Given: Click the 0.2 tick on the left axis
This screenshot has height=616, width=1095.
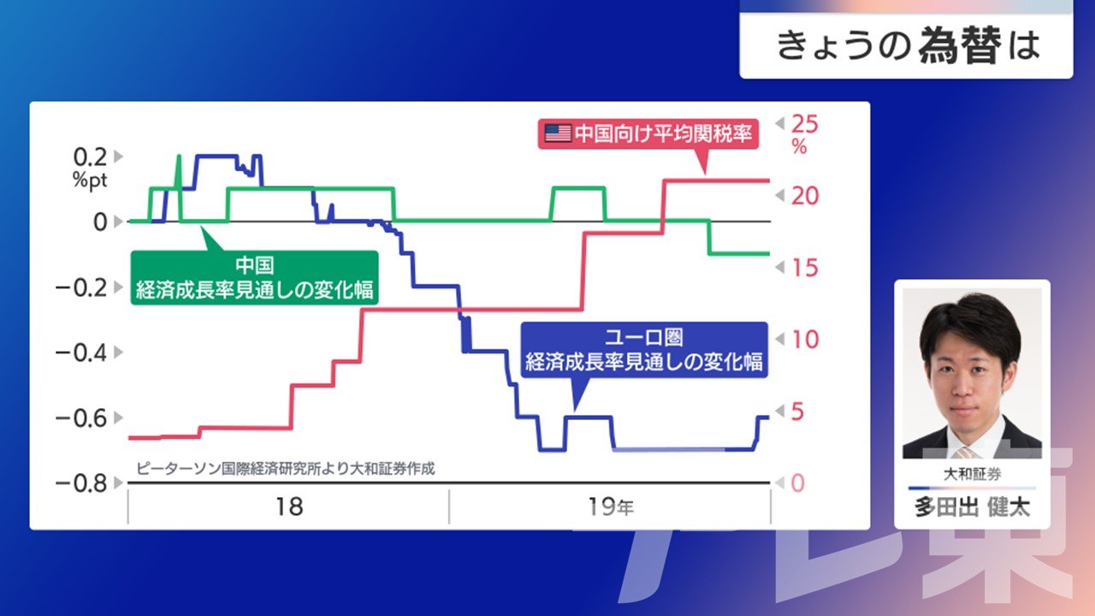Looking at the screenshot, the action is (90, 157).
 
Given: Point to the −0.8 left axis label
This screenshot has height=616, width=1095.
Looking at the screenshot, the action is (81, 483).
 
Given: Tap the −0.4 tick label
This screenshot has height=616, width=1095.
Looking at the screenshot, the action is (81, 352).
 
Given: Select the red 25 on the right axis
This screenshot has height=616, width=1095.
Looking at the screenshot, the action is (805, 124).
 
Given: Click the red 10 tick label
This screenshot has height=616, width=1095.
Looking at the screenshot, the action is (805, 340).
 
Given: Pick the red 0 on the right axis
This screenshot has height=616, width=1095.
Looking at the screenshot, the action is (798, 483).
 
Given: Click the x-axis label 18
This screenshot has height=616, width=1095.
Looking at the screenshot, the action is (289, 507).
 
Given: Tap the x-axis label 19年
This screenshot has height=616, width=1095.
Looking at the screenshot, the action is (611, 507).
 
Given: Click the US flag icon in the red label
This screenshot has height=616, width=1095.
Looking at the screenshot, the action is (558, 133).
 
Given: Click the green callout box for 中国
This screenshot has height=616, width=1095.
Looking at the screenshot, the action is (254, 278).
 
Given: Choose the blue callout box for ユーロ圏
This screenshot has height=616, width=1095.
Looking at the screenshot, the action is (644, 350).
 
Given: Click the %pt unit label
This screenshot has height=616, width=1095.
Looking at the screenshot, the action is (90, 180).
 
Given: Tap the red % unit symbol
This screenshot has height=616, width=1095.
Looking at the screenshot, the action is (799, 146).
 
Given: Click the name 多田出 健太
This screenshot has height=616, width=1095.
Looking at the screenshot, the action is (972, 507).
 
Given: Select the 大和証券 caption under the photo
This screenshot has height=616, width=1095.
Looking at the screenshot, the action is (972, 474).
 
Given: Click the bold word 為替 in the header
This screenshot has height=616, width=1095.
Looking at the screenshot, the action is (960, 45).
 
